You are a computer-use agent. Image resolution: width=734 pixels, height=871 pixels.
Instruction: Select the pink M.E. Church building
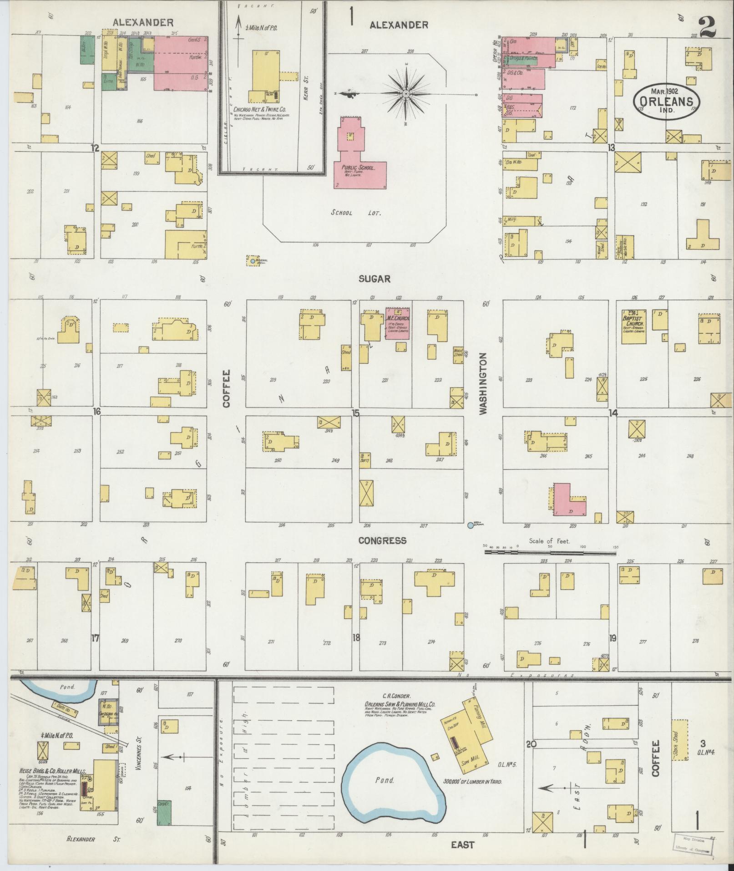(x=397, y=324)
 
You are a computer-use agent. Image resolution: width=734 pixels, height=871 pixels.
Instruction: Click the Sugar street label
(x=375, y=279)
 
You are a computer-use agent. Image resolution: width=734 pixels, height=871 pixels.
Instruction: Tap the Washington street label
(x=483, y=383)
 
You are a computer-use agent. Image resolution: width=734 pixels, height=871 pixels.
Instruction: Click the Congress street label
(x=382, y=540)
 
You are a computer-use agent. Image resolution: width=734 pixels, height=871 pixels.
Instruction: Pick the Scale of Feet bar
(x=550, y=552)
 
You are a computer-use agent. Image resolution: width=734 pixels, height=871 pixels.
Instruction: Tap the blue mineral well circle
(x=253, y=261)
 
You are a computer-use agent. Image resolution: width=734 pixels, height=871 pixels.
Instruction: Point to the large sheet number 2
(x=708, y=26)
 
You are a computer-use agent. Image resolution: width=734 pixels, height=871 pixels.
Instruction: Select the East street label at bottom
(x=462, y=845)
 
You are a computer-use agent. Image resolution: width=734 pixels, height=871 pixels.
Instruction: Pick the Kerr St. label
(x=306, y=93)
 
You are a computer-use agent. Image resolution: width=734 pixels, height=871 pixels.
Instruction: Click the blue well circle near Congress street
(x=471, y=525)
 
